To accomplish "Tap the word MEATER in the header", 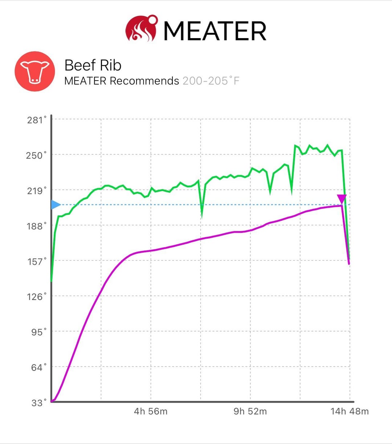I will pyautogui.click(x=215, y=31).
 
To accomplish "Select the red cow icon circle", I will pyautogui.click(x=35, y=71).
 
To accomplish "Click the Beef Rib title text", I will pyautogui.click(x=93, y=65).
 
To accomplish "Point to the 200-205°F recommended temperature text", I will pyautogui.click(x=211, y=81).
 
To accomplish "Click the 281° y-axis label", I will pyautogui.click(x=37, y=120).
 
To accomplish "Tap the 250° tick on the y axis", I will pyautogui.click(x=36, y=155).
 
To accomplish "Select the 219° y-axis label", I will pyautogui.click(x=37, y=191).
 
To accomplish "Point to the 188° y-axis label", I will pyautogui.click(x=37, y=226).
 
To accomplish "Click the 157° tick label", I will pyautogui.click(x=37, y=261).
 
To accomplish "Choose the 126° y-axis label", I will pyautogui.click(x=37, y=297).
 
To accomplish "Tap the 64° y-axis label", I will pyautogui.click(x=39, y=367).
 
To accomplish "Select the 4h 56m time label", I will pyautogui.click(x=151, y=411).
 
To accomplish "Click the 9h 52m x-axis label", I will pyautogui.click(x=250, y=411).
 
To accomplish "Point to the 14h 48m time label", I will pyautogui.click(x=350, y=411).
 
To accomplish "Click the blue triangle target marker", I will pyautogui.click(x=55, y=205).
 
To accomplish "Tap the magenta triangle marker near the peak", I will pyautogui.click(x=342, y=199).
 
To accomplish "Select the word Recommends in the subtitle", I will pyautogui.click(x=144, y=81).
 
